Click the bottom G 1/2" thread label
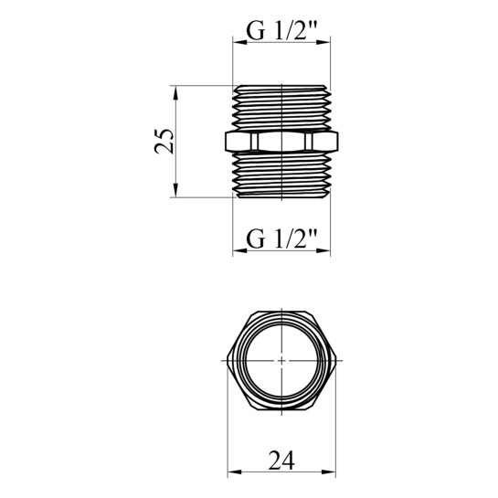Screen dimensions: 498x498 (281, 239)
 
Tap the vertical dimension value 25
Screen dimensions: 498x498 (164, 142)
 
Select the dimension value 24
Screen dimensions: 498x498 (281, 461)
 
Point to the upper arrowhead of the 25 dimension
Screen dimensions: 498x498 (175, 92)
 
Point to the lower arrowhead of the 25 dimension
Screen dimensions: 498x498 (175, 191)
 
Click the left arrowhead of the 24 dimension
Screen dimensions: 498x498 (234, 472)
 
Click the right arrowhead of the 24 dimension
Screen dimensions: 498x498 (329, 472)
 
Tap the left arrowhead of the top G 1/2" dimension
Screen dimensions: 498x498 (239, 42)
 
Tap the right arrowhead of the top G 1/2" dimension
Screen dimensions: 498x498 (323, 42)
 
